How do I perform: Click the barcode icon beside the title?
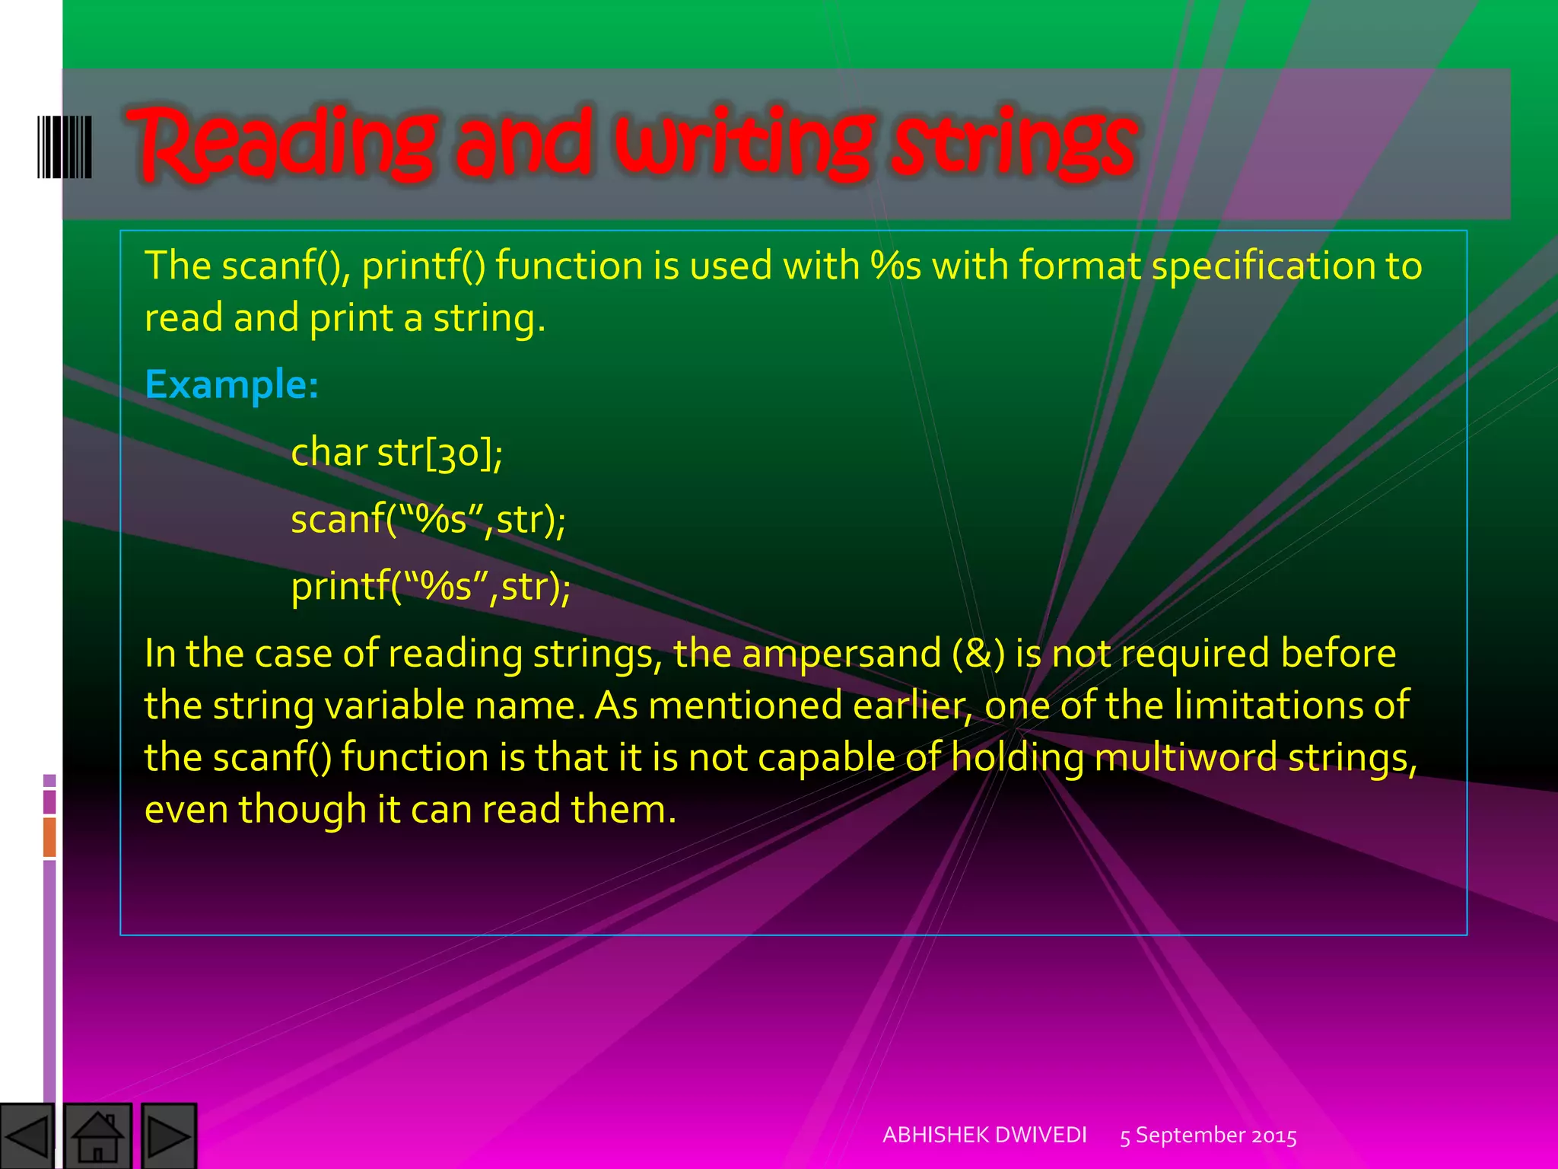pyautogui.click(x=65, y=147)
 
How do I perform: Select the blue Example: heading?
pyautogui.click(x=231, y=384)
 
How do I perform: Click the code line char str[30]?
pyautogui.click(x=396, y=453)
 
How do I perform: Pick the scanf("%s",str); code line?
pyautogui.click(x=428, y=520)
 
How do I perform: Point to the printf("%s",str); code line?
pyautogui.click(x=431, y=587)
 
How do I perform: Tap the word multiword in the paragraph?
pyautogui.click(x=1185, y=758)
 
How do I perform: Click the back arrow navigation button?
pyautogui.click(x=27, y=1136)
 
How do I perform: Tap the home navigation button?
pyautogui.click(x=97, y=1136)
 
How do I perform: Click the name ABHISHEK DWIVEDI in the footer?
pyautogui.click(x=984, y=1135)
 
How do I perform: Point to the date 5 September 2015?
pyautogui.click(x=1208, y=1136)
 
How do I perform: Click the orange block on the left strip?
pyautogui.click(x=49, y=836)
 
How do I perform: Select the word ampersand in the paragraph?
pyautogui.click(x=841, y=654)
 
